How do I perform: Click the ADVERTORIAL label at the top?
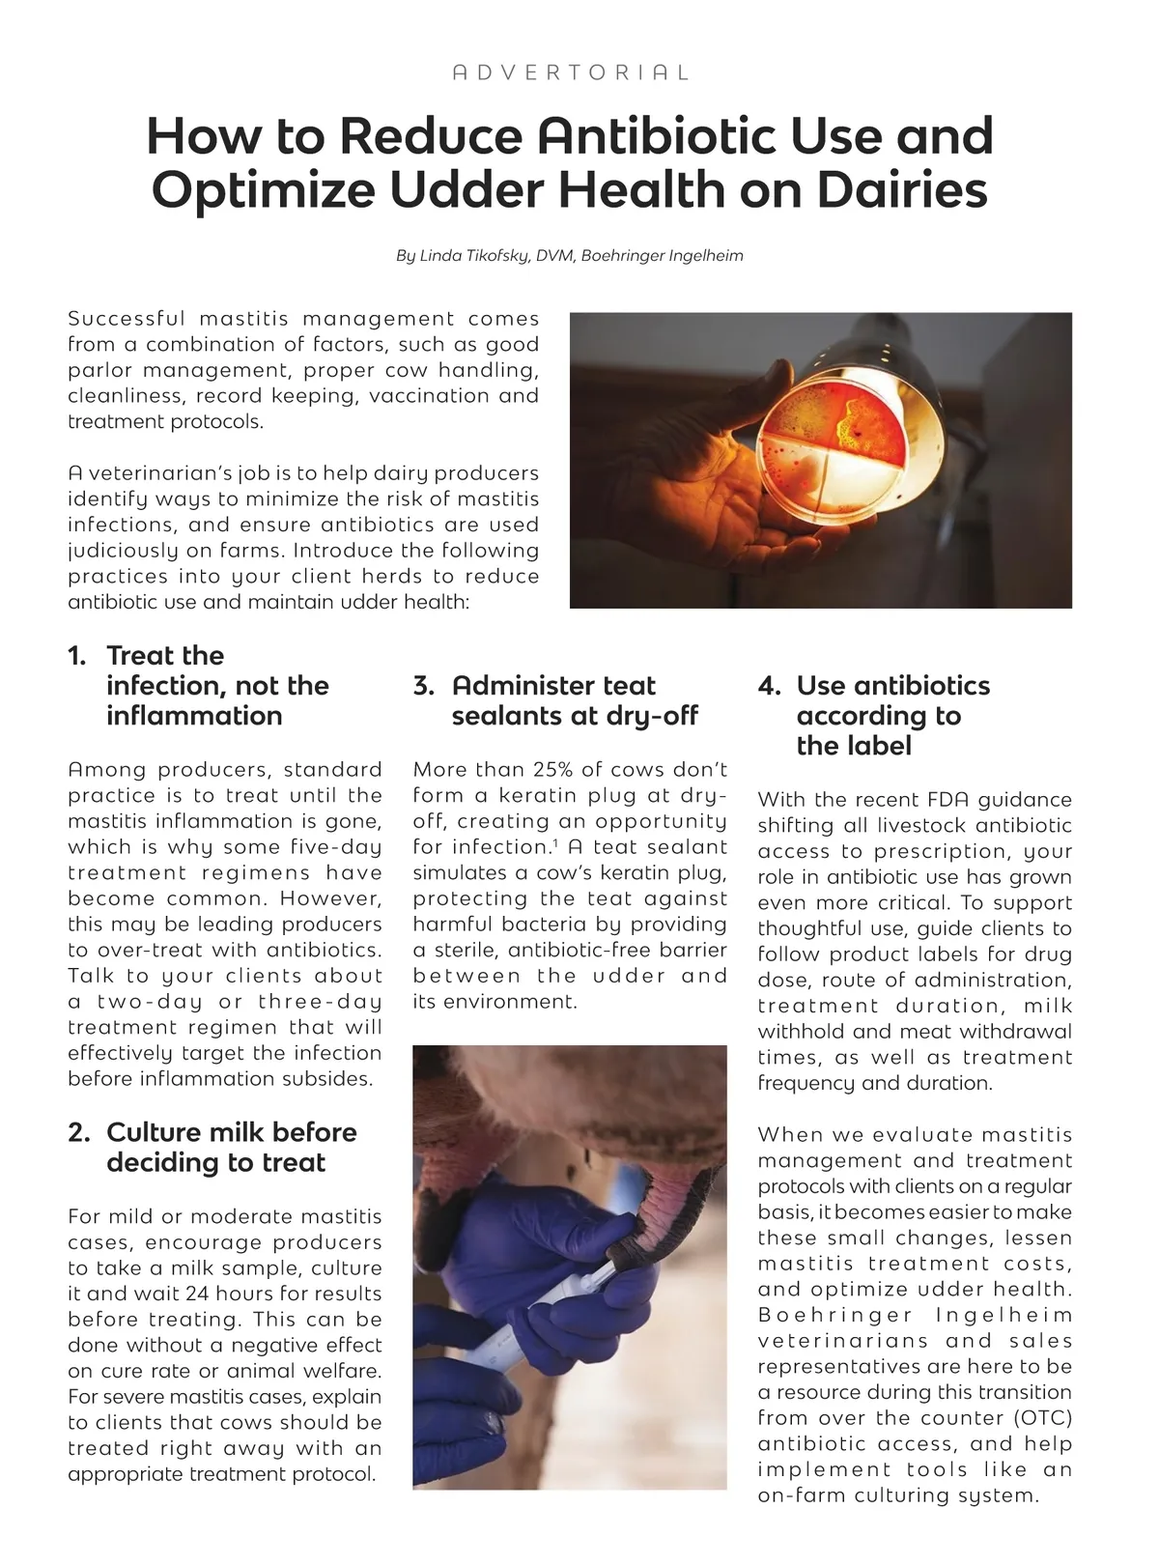(571, 72)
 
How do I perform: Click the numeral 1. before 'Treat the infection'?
(77, 656)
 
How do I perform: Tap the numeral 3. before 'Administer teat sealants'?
(423, 686)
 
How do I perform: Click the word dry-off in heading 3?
(652, 716)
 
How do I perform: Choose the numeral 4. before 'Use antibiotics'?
(769, 686)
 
